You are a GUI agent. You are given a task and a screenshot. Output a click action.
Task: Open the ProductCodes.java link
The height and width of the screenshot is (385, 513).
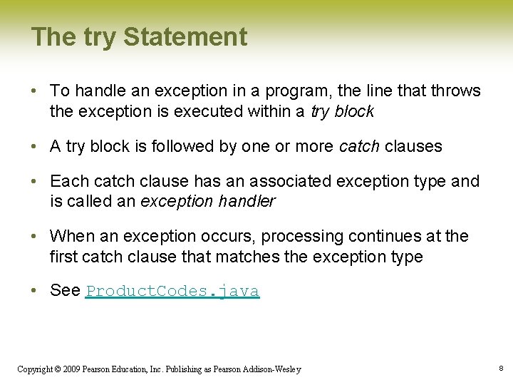172,291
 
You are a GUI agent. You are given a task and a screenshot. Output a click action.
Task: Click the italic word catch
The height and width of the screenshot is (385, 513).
359,147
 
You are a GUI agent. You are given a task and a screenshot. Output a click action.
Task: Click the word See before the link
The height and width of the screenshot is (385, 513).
65,291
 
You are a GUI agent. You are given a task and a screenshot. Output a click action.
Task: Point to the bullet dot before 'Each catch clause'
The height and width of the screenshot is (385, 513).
35,182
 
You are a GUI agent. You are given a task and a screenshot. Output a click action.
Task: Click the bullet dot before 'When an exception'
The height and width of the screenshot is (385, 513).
35,236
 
